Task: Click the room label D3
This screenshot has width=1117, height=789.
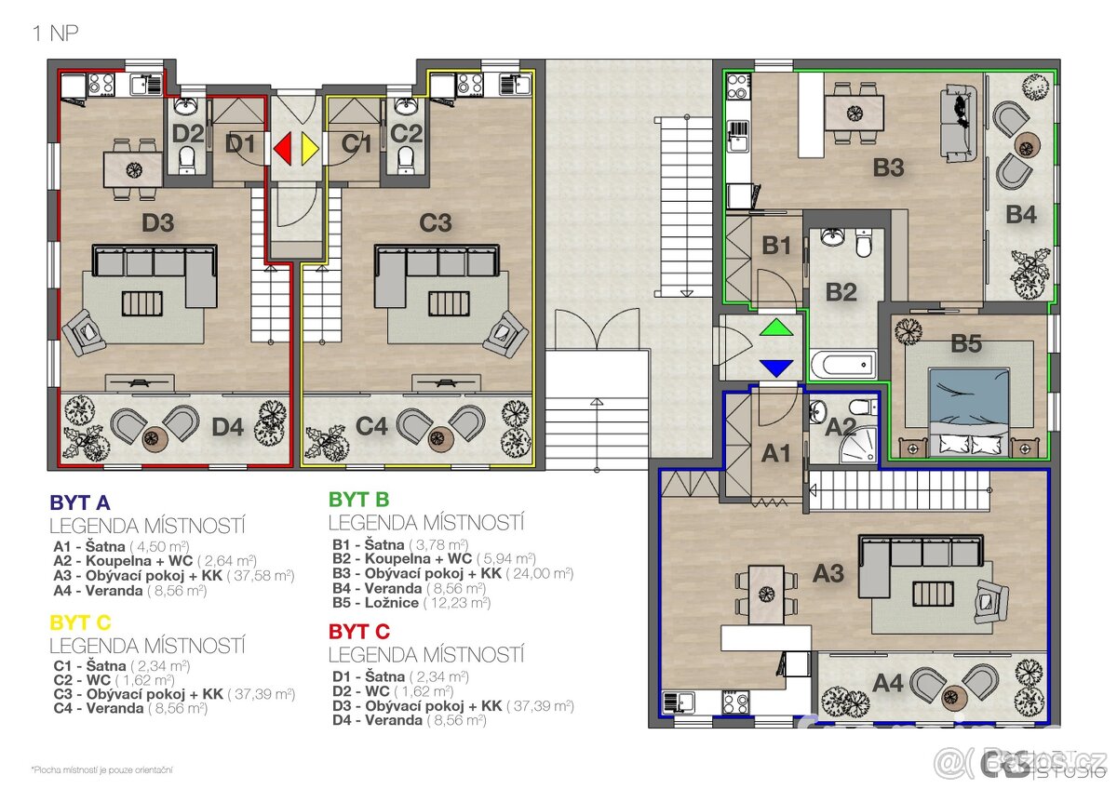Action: tap(158, 223)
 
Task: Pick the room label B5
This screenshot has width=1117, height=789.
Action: tap(966, 344)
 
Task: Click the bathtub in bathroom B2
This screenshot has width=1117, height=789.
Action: tap(842, 364)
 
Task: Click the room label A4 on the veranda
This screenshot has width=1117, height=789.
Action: tap(888, 684)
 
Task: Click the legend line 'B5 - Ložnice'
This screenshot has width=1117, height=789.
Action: tap(410, 602)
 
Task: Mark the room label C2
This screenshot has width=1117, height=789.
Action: tap(407, 133)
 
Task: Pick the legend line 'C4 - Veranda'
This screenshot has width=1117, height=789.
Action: tap(129, 707)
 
